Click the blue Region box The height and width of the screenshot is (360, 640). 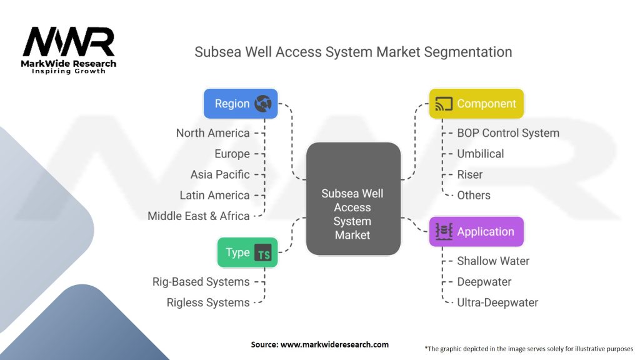click(241, 104)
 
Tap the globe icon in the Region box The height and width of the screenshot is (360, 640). click(263, 104)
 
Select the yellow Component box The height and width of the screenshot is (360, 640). click(476, 104)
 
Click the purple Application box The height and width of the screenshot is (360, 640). click(476, 232)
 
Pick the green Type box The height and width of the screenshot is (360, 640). click(247, 252)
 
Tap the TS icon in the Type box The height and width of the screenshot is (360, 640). click(263, 252)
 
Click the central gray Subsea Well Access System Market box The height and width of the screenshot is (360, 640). click(353, 199)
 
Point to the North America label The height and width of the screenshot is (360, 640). click(212, 133)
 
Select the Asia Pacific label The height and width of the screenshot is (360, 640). click(220, 175)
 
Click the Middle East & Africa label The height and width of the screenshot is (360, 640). click(199, 216)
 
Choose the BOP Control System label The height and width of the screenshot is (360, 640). click(508, 133)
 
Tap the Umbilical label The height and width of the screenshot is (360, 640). click(481, 154)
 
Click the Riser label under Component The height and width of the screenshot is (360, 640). click(470, 175)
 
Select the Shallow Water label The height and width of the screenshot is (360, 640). click(493, 261)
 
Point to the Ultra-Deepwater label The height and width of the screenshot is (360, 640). click(497, 302)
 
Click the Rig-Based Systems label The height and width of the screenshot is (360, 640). click(201, 282)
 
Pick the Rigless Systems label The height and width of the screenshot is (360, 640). click(208, 303)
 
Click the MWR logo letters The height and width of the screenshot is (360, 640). click(69, 41)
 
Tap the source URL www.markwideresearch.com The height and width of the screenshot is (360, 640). click(335, 344)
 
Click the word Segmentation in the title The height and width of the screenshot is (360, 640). click(467, 52)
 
